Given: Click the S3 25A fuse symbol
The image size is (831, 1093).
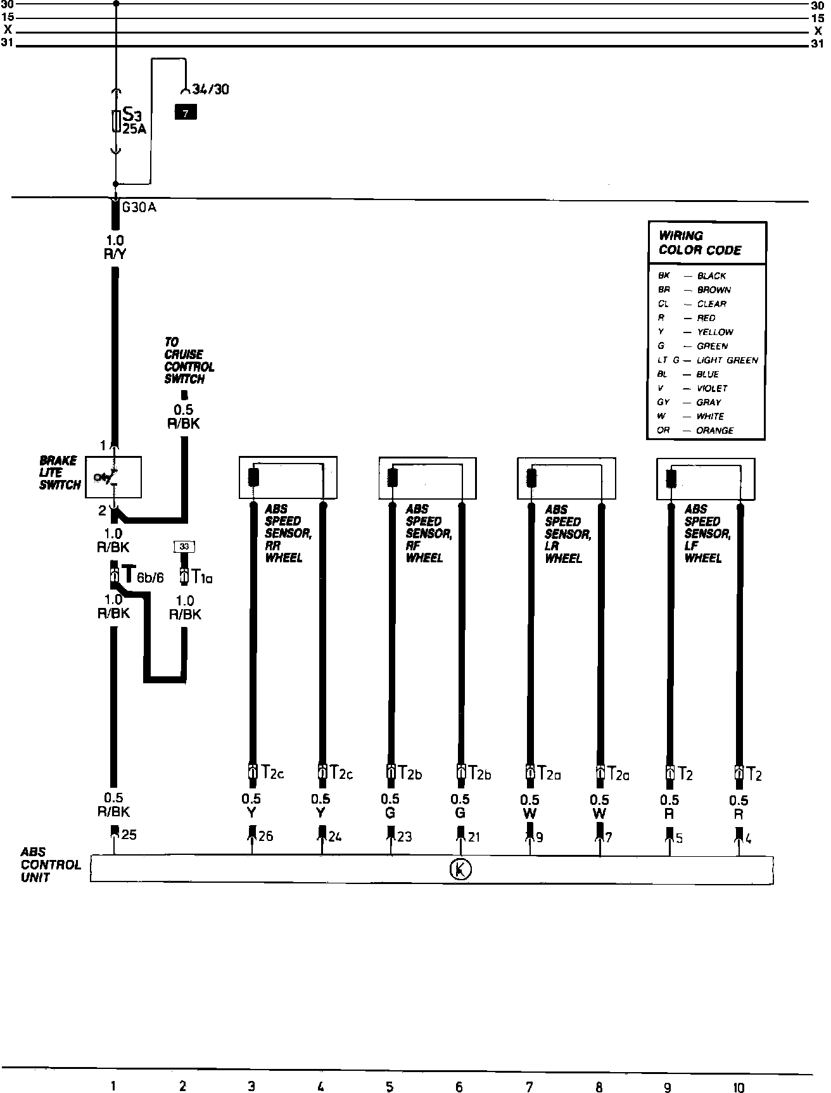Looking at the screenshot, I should tap(115, 121).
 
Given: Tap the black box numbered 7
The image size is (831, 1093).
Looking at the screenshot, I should tap(186, 113).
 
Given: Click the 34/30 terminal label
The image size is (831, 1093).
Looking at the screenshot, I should tap(211, 89).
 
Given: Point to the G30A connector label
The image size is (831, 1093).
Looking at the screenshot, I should tap(139, 208).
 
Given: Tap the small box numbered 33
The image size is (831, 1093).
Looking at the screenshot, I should tap(184, 546).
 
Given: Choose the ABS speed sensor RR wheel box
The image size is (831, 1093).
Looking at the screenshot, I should tap(288, 477).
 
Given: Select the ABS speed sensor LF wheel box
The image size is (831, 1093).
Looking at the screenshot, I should tap(706, 477).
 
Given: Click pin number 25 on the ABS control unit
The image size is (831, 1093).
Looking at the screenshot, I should tap(129, 835).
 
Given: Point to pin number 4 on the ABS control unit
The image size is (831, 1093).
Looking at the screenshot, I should tap(748, 838).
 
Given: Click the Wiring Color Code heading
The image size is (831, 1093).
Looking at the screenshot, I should tap(700, 243).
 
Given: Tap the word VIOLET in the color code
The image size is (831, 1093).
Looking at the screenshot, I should tap(712, 388).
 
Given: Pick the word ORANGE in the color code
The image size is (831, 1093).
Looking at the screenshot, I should tap(715, 431).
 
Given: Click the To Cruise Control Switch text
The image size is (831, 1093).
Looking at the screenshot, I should tap(189, 360).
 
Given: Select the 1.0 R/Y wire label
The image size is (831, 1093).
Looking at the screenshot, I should tap(115, 247).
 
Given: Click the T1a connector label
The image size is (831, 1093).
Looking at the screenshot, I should tap(202, 577).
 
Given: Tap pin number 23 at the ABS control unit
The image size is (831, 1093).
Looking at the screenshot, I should tap(404, 837).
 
